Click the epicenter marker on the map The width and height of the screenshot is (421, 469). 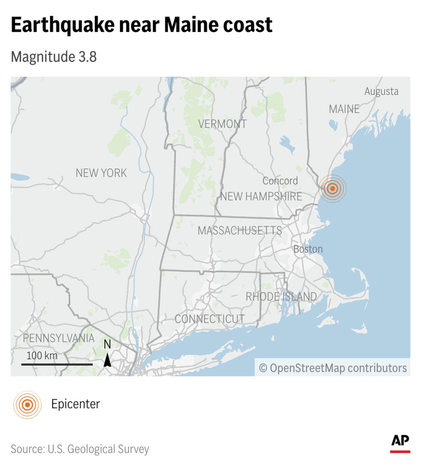[x=332, y=189]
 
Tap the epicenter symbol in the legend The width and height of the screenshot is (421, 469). [x=27, y=405]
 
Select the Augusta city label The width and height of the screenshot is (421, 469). [x=381, y=91]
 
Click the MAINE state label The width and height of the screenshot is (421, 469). [x=344, y=109]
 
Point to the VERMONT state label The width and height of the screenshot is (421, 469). [x=222, y=124]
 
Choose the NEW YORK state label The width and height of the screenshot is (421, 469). [x=101, y=173]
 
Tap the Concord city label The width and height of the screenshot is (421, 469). [x=280, y=181]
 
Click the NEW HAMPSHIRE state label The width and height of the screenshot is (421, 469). [x=261, y=196]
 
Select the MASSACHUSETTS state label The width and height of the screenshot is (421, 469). [x=240, y=230]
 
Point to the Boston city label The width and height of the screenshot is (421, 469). [x=308, y=249]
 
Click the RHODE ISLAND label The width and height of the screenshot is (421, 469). [x=281, y=296]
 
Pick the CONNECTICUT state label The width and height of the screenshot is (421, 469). [x=209, y=319]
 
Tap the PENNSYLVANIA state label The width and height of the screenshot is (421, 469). [x=59, y=338]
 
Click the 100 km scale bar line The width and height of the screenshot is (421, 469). [x=57, y=364]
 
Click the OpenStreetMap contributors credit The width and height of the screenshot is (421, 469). [x=333, y=368]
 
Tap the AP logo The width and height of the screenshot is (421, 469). [x=400, y=442]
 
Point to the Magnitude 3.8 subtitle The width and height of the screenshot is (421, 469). [x=54, y=57]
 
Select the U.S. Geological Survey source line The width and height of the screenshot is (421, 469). [x=80, y=449]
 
